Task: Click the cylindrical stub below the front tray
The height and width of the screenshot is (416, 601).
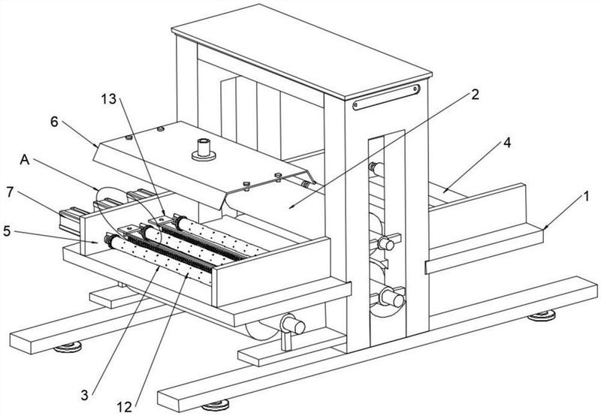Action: [x=289, y=325]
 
